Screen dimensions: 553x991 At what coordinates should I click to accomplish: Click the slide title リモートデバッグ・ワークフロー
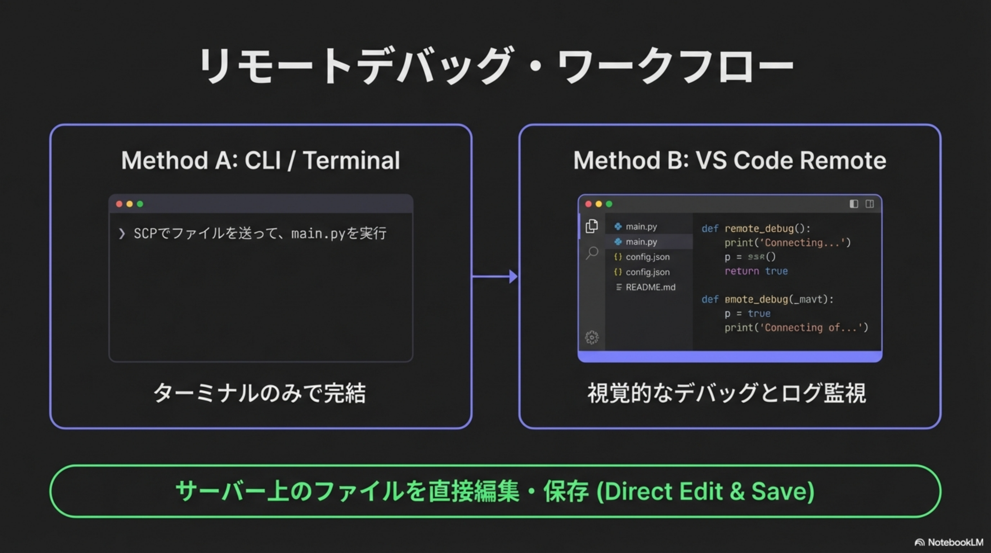coord(495,66)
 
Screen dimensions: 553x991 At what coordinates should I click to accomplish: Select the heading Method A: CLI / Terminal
coord(260,160)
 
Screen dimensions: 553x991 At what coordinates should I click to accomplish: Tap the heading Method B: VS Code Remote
coord(730,160)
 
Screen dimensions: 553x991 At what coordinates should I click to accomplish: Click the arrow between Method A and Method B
coord(495,276)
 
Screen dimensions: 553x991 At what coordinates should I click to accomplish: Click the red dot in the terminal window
coord(119,204)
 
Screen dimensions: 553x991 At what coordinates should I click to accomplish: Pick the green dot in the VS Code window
coord(609,204)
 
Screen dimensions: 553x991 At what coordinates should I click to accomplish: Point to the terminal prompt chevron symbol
coord(122,233)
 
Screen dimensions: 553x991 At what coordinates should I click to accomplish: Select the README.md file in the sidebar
coord(650,287)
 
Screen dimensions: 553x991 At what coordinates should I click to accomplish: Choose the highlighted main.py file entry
coord(641,242)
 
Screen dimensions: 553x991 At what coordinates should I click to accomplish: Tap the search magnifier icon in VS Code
coord(592,253)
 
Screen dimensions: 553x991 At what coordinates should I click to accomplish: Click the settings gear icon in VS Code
coord(592,337)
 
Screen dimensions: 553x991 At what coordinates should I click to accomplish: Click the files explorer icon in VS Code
coord(592,226)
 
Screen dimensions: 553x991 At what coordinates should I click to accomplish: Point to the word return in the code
coord(741,271)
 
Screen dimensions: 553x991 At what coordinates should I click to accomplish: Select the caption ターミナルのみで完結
coord(260,393)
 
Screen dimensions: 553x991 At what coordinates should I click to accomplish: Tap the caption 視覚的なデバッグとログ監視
coord(726,393)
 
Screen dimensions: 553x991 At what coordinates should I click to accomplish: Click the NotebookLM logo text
coord(955,542)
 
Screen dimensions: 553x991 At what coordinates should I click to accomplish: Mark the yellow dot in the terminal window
coord(130,204)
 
